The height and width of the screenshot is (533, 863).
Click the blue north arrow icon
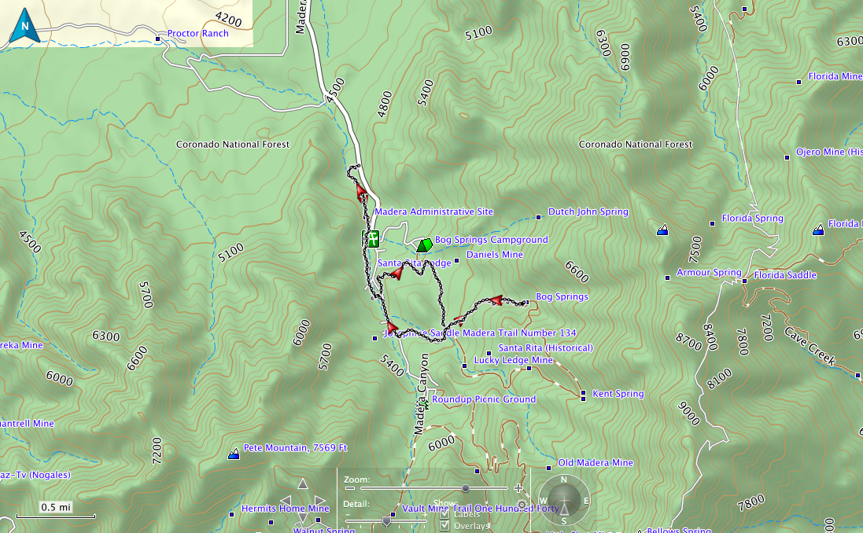(24, 26)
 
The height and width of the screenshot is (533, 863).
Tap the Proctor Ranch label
(197, 34)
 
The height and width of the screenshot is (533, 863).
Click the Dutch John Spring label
(588, 212)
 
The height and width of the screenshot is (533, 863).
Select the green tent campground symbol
(425, 245)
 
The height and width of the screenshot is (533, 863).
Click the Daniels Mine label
(494, 255)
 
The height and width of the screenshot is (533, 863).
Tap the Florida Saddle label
(784, 276)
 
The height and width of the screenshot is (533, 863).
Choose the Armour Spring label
(708, 273)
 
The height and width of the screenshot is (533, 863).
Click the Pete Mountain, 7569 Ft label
(295, 448)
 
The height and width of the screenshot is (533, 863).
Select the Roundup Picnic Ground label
(483, 399)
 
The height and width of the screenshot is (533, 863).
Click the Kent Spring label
(618, 394)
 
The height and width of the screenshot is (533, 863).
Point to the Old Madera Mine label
(595, 463)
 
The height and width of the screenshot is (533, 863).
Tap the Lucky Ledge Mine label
(513, 360)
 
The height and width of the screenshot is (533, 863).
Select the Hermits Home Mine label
(285, 509)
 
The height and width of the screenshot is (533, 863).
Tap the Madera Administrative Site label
(433, 212)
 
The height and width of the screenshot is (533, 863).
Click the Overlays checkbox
(445, 526)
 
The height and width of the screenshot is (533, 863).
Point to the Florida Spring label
(752, 219)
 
